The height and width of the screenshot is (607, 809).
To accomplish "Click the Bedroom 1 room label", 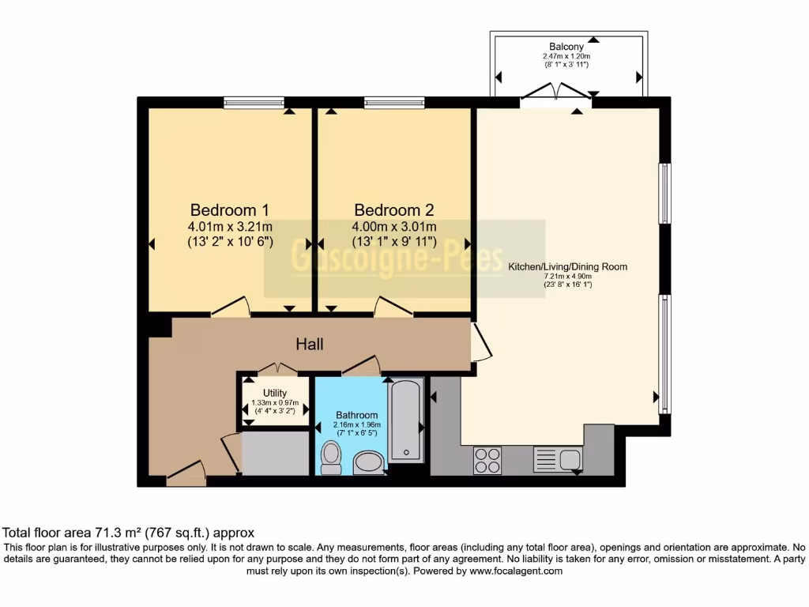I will [230, 210].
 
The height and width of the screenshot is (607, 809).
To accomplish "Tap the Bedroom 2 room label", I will [393, 210].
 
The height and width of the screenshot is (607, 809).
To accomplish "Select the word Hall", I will [310, 344].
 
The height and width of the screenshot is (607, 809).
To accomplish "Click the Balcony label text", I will [567, 47].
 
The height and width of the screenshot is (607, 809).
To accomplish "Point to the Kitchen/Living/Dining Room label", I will [567, 266].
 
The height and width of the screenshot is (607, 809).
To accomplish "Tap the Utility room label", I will [275, 393].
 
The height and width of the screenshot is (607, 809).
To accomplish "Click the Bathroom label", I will [356, 415].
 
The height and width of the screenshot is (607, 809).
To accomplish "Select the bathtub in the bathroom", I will [407, 420].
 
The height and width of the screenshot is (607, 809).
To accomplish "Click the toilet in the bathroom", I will [331, 458].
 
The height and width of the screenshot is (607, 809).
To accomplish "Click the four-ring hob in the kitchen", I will [487, 460].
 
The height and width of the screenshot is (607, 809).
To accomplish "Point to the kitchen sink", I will [558, 458].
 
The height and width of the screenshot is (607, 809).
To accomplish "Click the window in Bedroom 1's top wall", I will [254, 101].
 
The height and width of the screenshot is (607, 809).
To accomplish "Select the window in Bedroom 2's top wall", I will [394, 101].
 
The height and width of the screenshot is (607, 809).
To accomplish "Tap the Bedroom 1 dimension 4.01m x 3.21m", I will [230, 227].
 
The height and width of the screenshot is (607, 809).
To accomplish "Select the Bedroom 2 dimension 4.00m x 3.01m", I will [393, 227].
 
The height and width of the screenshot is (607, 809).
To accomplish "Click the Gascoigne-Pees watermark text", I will [397, 258].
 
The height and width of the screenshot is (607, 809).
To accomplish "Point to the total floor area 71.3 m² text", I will [129, 533].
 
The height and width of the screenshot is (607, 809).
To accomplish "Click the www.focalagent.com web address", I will [515, 570].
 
